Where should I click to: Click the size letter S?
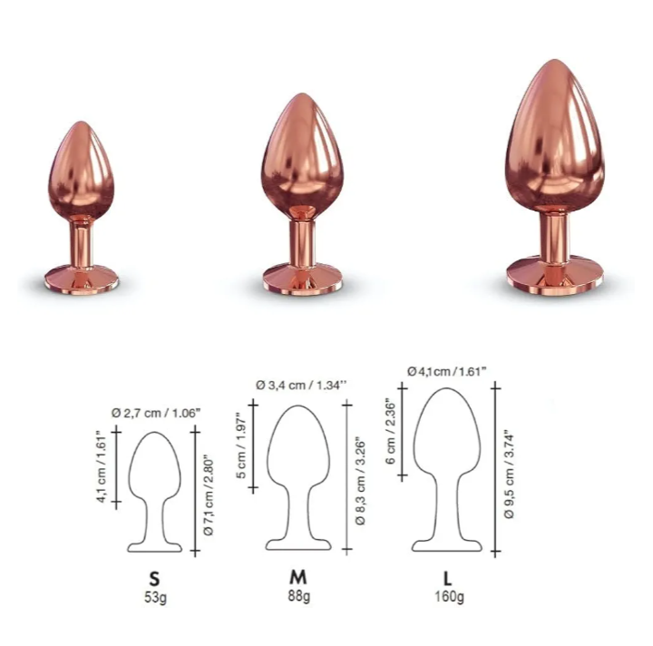(154, 579)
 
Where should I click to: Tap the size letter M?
(298, 577)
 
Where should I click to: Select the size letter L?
(448, 579)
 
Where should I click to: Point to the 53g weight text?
(155, 598)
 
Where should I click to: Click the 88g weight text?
(299, 596)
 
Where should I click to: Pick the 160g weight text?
(449, 596)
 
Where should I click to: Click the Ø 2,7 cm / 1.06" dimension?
(156, 413)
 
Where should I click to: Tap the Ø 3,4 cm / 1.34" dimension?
(301, 386)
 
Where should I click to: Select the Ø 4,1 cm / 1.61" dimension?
(447, 371)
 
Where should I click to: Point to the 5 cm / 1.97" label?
(242, 445)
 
